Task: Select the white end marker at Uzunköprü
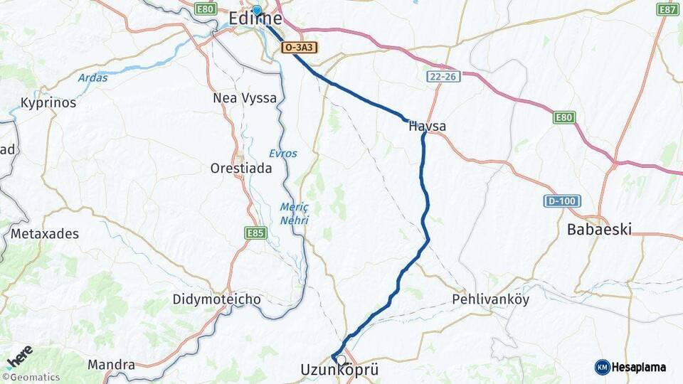(341, 360)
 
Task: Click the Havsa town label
(427, 127)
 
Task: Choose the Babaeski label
(599, 230)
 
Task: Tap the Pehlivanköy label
(491, 299)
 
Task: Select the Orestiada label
(241, 169)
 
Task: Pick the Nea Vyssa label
(245, 98)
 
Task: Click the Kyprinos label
(48, 102)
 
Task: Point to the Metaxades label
(45, 233)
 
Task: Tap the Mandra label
(111, 365)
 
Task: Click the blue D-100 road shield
(562, 201)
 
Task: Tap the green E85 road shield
(255, 233)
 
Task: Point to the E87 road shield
(667, 9)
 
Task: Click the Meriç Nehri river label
(294, 213)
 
